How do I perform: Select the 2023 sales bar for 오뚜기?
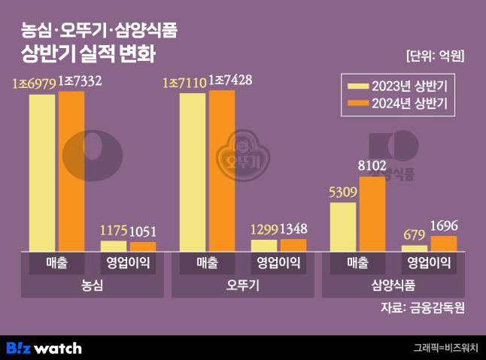coord(193,172)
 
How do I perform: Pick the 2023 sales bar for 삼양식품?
coord(342,226)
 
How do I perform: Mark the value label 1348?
coord(293,229)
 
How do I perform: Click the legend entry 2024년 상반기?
coord(399,104)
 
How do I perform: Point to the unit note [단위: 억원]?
coord(434,56)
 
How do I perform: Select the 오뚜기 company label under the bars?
coord(242,286)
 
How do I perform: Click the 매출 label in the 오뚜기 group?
coord(207,263)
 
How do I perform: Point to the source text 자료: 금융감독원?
coord(424,307)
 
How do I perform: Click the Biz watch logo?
coord(44,348)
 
